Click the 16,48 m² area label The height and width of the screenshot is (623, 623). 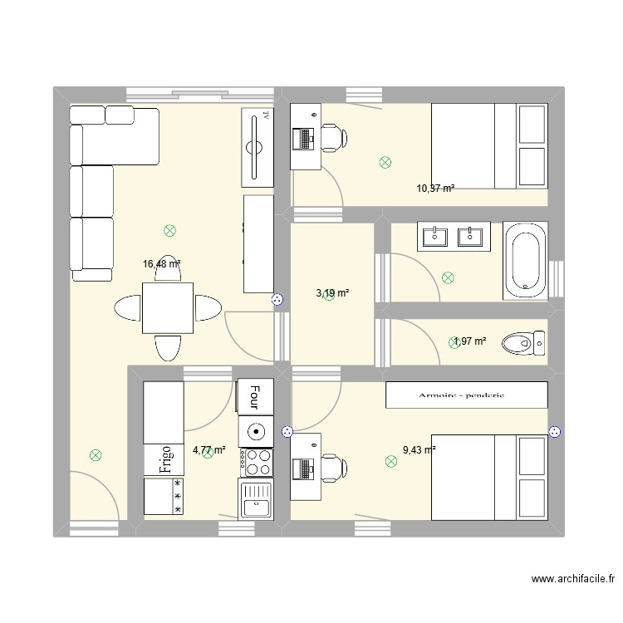tap(161, 264)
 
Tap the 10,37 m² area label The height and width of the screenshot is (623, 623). tap(435, 189)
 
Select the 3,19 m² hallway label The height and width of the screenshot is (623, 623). tap(332, 293)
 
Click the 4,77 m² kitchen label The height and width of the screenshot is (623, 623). tap(208, 451)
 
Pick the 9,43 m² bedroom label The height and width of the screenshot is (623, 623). tap(419, 450)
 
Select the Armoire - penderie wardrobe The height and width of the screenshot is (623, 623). tap(466, 395)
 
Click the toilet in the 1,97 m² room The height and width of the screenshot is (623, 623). tap(522, 341)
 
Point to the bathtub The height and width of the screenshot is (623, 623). tap(525, 261)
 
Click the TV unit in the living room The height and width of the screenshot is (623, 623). tap(257, 147)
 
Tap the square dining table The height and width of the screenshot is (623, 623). tap(168, 307)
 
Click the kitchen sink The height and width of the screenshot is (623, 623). tap(256, 498)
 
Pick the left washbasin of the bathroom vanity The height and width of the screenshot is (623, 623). tap(435, 237)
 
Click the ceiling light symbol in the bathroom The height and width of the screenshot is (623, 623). tap(449, 279)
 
